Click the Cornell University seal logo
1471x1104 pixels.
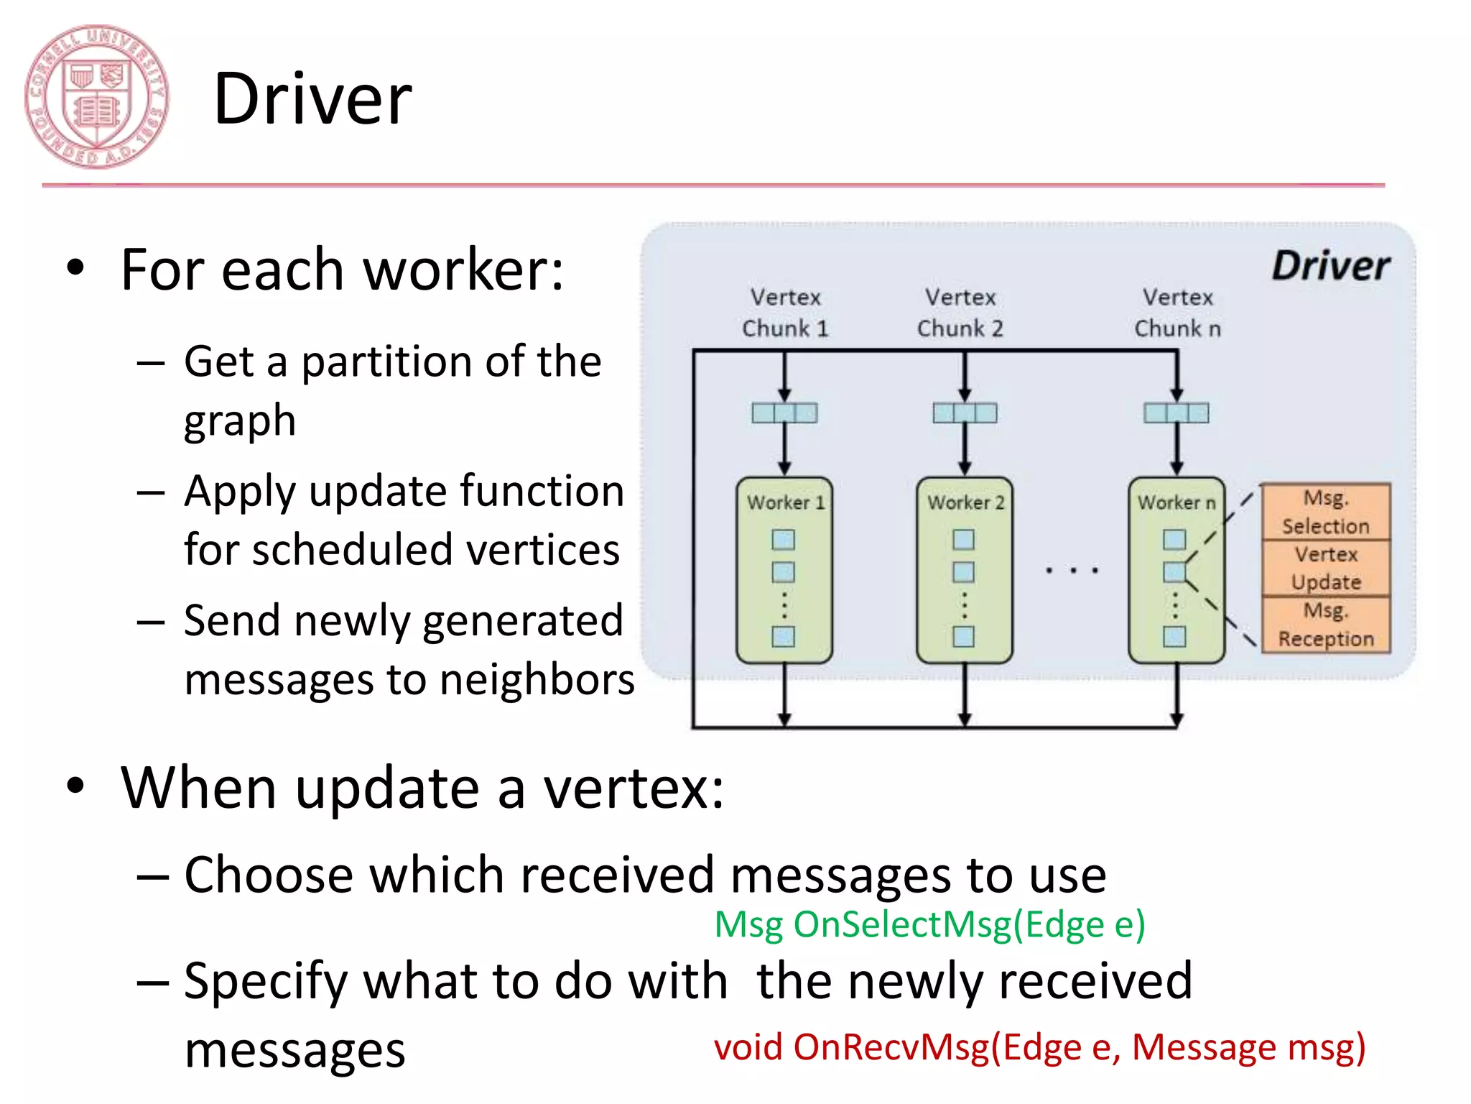click(96, 98)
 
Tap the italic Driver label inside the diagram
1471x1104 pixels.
click(1330, 266)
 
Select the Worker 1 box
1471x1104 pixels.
click(784, 569)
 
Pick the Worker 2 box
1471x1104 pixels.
click(965, 569)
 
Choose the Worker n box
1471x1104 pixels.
click(1176, 569)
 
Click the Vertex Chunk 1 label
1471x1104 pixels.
click(785, 313)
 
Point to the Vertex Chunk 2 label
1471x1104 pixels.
click(960, 313)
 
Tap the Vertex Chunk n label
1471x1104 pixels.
click(1177, 313)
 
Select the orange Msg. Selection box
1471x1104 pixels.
click(1326, 512)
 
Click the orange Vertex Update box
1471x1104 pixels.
click(1326, 568)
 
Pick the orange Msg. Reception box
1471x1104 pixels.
click(1326, 625)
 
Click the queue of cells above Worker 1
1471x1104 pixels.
click(784, 413)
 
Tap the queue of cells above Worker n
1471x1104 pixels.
click(1177, 413)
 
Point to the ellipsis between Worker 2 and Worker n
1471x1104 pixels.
click(1072, 571)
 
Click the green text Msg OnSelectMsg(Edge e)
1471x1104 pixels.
click(929, 924)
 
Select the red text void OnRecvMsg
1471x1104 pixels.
click(1039, 1047)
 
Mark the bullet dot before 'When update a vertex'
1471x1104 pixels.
click(75, 786)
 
